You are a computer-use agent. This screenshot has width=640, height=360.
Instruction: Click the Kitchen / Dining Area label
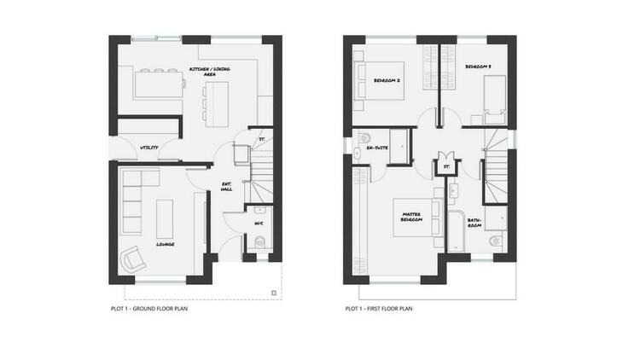click(209, 72)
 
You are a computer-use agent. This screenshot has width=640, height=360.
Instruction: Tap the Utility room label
click(149, 148)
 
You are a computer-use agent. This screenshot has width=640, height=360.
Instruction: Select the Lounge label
click(166, 245)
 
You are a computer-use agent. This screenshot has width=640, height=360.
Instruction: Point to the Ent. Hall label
click(226, 187)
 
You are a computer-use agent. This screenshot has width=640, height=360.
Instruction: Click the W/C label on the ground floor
click(259, 224)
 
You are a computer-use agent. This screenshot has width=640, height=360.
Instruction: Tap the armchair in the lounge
click(133, 258)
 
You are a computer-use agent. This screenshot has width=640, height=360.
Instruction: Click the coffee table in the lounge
click(165, 218)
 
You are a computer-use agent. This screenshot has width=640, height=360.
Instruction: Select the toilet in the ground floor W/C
click(260, 242)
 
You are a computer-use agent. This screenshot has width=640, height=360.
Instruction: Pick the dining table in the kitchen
click(159, 84)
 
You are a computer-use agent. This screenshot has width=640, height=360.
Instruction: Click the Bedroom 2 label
click(387, 81)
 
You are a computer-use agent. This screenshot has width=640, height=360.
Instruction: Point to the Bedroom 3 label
click(478, 67)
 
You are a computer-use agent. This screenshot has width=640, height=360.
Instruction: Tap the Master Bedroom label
click(411, 218)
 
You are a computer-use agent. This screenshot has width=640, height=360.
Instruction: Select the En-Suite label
click(377, 148)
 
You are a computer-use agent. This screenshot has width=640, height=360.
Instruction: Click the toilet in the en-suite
click(364, 138)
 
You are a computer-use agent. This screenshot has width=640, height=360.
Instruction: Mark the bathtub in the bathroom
click(457, 231)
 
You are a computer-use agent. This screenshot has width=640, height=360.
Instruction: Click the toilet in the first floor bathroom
click(496, 241)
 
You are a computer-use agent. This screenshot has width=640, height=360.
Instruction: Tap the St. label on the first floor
click(446, 166)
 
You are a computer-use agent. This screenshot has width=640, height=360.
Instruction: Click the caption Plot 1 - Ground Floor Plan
click(149, 309)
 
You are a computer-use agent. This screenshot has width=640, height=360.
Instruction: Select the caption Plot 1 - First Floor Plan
click(379, 309)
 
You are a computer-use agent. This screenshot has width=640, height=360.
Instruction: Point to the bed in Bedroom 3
click(495, 100)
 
